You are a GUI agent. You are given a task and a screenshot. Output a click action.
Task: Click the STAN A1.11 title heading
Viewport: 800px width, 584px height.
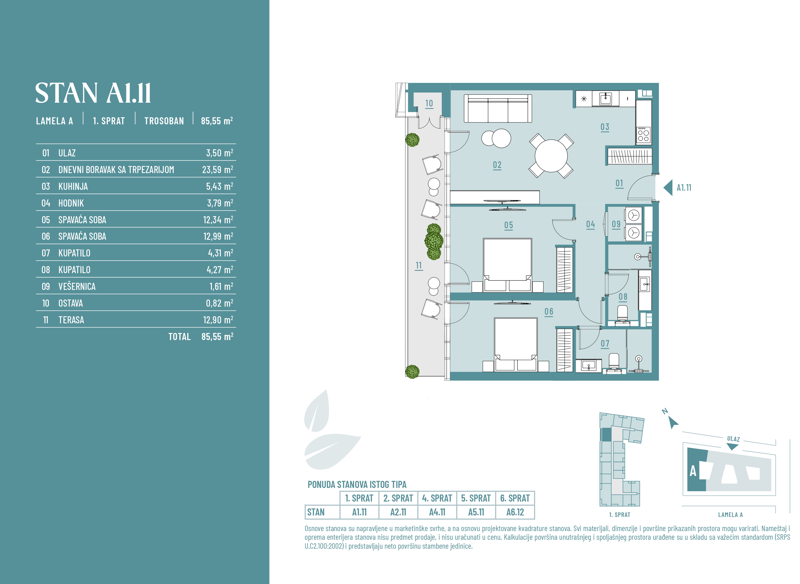(93, 93)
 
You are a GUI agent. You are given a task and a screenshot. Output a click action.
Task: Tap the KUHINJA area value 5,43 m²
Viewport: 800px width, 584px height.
(219, 186)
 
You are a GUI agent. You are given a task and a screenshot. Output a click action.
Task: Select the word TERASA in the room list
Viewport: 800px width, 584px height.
(71, 320)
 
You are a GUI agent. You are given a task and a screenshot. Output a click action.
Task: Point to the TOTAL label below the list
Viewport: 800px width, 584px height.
(179, 337)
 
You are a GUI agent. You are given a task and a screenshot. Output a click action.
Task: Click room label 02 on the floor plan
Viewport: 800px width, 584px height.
(497, 165)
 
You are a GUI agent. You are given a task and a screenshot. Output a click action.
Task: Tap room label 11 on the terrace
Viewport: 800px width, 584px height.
(419, 265)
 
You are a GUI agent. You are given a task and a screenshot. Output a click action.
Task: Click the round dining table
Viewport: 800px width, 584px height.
(551, 156)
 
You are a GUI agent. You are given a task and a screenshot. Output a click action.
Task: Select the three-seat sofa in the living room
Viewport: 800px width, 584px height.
(498, 108)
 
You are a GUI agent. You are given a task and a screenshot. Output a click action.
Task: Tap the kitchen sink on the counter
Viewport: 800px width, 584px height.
(606, 99)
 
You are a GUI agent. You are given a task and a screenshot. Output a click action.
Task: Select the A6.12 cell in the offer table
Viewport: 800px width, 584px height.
(515, 512)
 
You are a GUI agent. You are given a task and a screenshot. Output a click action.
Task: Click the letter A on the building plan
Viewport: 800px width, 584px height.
(693, 471)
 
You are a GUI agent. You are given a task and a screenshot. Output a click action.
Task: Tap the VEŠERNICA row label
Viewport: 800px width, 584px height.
(77, 286)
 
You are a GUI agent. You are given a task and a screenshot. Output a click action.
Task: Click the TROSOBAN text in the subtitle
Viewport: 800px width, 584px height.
(164, 121)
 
